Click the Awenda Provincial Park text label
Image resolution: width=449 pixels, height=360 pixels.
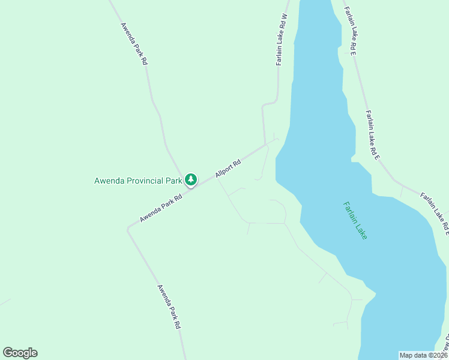(x=138, y=180)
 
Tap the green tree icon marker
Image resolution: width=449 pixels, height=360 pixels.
(x=191, y=179)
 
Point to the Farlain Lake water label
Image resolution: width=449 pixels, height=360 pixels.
(x=355, y=220)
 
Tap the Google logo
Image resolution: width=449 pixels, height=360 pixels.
(x=20, y=353)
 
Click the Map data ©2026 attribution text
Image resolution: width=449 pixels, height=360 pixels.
(x=423, y=355)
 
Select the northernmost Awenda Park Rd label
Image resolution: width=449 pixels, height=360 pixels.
(x=134, y=44)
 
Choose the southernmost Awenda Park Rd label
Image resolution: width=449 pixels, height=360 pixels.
(x=169, y=306)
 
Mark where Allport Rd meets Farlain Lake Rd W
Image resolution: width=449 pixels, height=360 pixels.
(x=265, y=144)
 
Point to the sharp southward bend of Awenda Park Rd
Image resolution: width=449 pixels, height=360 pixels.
(x=128, y=229)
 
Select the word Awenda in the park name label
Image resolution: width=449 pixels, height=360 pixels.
(x=109, y=180)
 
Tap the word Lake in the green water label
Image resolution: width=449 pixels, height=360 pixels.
(x=361, y=229)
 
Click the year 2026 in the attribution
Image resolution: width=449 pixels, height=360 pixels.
(x=439, y=355)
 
